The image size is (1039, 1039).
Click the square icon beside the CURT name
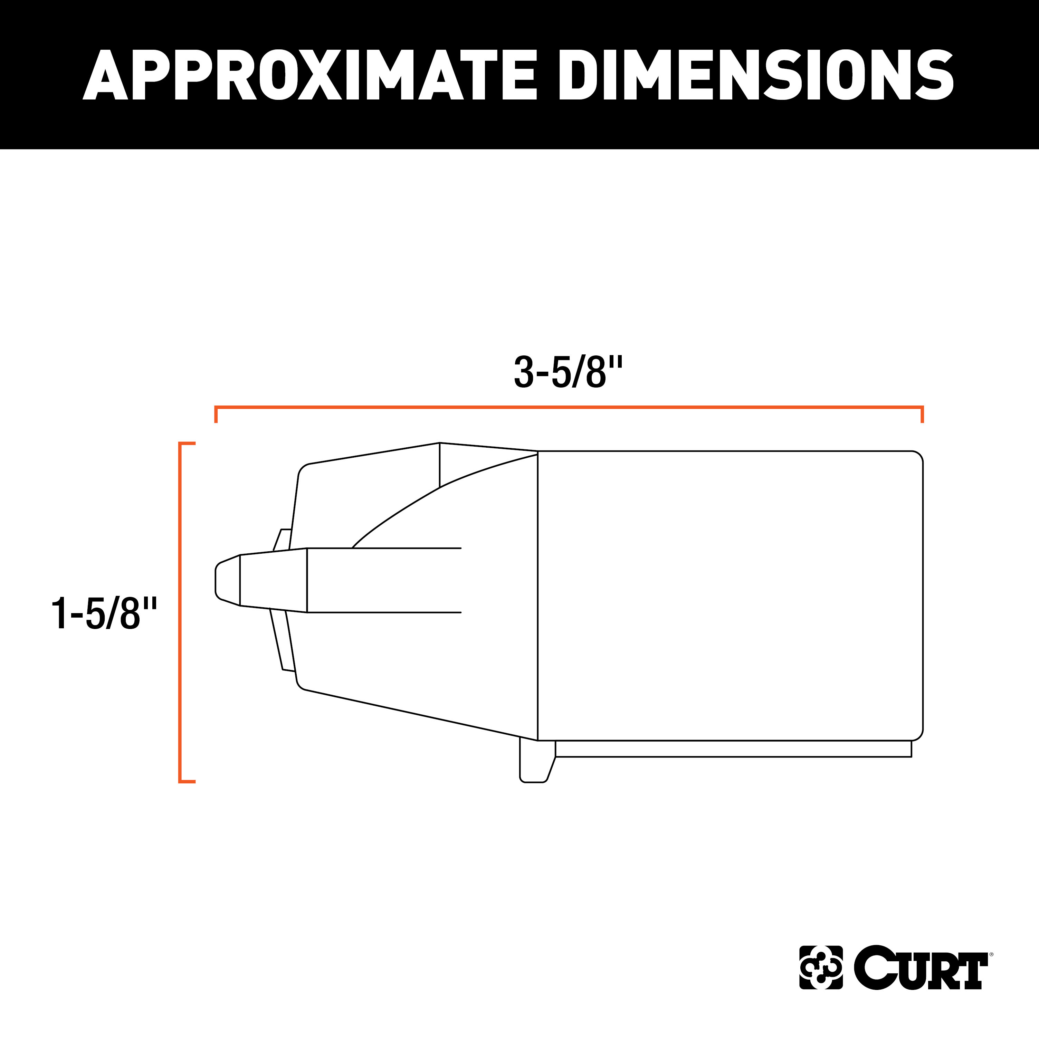pyautogui.click(x=821, y=982)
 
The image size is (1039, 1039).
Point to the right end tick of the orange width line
pyautogui.click(x=922, y=414)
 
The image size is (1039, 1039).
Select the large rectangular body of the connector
pyautogui.click(x=730, y=595)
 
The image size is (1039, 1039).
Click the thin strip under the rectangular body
pyautogui.click(x=733, y=749)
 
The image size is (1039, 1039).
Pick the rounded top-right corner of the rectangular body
pyautogui.click(x=917, y=457)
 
